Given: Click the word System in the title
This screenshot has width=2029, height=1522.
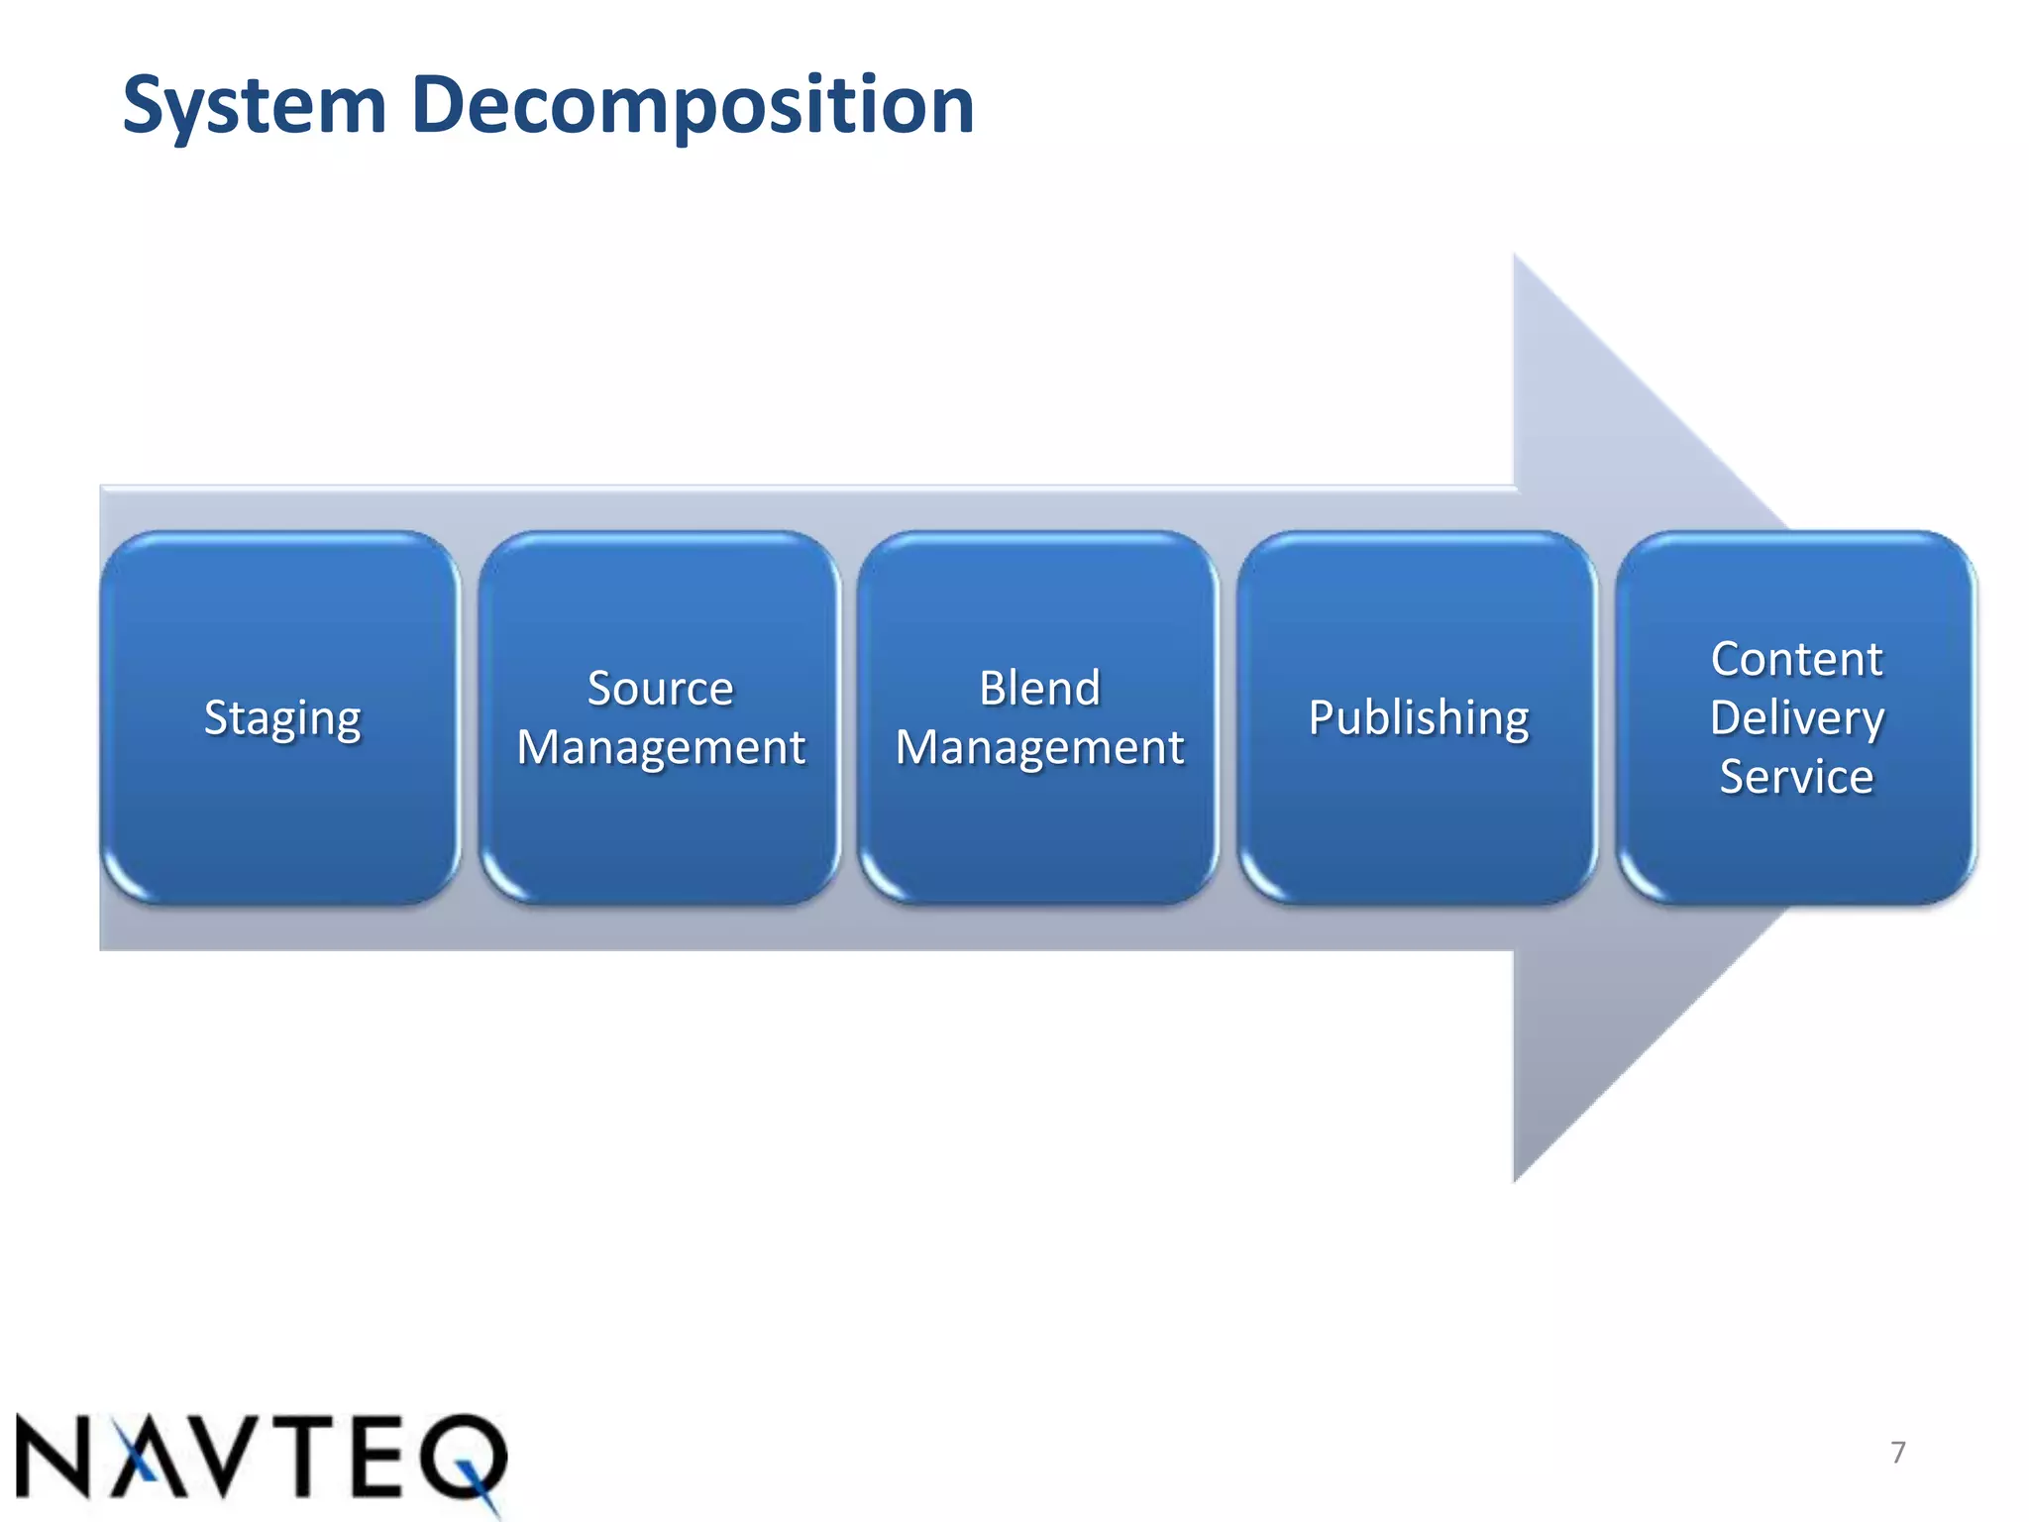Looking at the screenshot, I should pyautogui.click(x=254, y=105).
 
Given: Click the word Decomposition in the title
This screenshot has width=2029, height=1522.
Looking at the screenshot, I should pyautogui.click(x=693, y=105).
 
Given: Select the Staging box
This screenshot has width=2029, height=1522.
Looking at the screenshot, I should pyautogui.click(x=281, y=717).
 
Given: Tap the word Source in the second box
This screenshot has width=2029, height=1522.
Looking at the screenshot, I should pyautogui.click(x=660, y=688).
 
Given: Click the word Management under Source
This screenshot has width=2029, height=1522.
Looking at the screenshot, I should pyautogui.click(x=661, y=747).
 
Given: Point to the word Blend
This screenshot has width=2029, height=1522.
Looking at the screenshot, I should pyautogui.click(x=1039, y=688).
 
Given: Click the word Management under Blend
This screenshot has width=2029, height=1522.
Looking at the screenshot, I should pyautogui.click(x=1039, y=747).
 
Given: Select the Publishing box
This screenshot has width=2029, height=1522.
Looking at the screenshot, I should pyautogui.click(x=1418, y=717).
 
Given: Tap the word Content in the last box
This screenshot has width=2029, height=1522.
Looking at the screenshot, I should pyautogui.click(x=1796, y=659).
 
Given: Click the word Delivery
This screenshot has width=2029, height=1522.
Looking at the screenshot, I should pyautogui.click(x=1796, y=717).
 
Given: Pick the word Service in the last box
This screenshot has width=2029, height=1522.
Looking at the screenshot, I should pyautogui.click(x=1796, y=776).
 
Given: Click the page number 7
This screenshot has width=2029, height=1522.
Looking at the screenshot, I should pyautogui.click(x=1897, y=1453).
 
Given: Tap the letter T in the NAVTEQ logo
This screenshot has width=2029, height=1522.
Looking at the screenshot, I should pyautogui.click(x=308, y=1457).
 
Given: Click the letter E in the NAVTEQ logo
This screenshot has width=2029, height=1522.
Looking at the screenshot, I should pyautogui.click(x=381, y=1457).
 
